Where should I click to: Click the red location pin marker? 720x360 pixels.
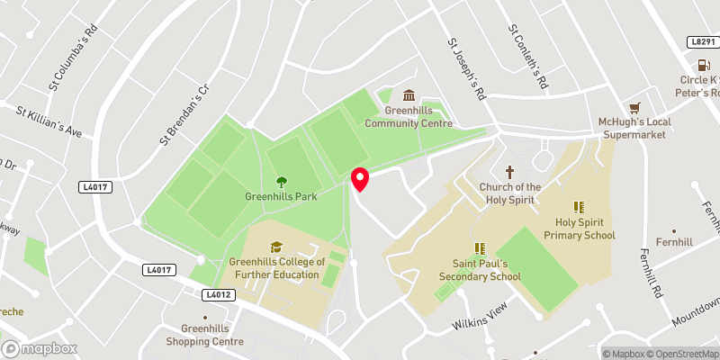point(360,179)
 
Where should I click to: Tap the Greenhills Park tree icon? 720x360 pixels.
point(281,181)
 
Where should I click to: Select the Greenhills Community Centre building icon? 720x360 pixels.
point(409,96)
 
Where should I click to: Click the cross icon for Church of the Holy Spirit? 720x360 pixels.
point(510,171)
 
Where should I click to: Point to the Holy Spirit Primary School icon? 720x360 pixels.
point(579,207)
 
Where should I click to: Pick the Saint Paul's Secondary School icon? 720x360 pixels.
point(480,248)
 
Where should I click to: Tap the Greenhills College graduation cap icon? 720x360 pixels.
point(276,247)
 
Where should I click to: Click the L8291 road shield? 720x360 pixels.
point(702,41)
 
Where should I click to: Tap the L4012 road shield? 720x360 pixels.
point(219,294)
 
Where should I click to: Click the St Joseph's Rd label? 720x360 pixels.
point(467,68)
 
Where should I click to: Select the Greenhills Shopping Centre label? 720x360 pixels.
point(204,335)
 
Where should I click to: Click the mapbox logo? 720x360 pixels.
point(40,348)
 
